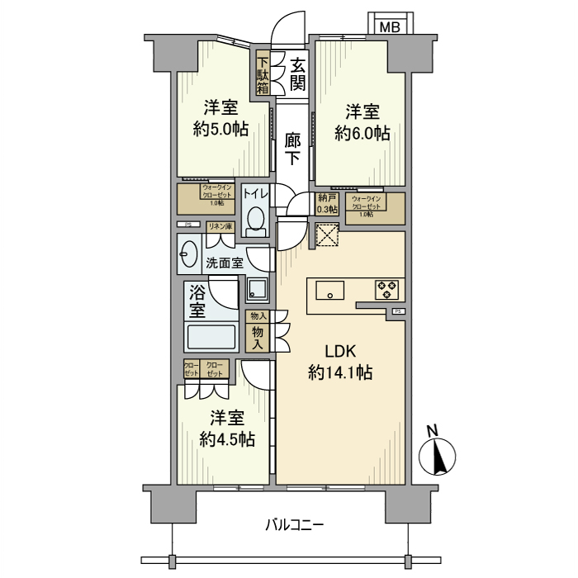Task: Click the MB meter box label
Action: pos(391,26)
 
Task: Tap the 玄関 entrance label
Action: pos(298,72)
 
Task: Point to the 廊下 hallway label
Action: pos(293,149)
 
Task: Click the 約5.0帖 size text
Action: pos(221,129)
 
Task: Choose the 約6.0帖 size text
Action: pos(362,132)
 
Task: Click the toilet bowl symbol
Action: pos(256,221)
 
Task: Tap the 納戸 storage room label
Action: pos(328,203)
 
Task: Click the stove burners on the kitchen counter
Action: pos(386,290)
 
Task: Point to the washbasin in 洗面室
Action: pos(188,255)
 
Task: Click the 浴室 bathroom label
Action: pos(197,301)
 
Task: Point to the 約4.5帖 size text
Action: pos(226,439)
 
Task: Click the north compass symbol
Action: pos(437,455)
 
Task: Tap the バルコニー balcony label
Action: pos(294,524)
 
